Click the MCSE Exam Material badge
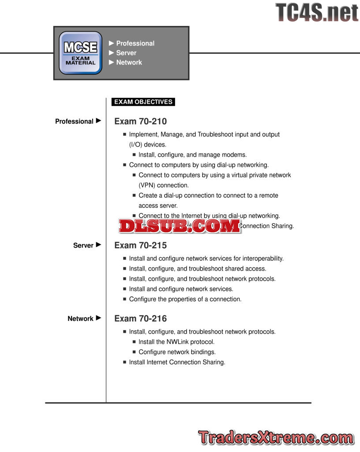point(80,53)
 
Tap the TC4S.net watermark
point(317,12)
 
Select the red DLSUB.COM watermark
point(179,226)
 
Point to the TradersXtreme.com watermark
point(275,437)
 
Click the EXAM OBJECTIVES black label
point(143,102)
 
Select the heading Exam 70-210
point(140,121)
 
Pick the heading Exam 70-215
point(140,245)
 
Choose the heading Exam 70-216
point(140,319)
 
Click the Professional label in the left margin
point(74,121)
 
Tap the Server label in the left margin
point(83,245)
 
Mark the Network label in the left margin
point(80,319)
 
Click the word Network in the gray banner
point(129,63)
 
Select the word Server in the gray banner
point(126,53)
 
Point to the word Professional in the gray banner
point(135,43)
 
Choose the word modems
point(235,155)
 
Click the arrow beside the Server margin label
point(98,245)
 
